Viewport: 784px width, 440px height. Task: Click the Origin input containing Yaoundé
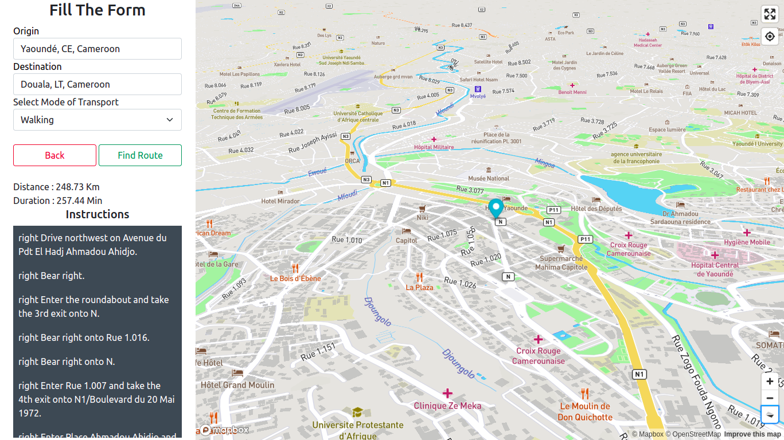point(97,49)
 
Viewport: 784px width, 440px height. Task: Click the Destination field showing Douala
point(97,84)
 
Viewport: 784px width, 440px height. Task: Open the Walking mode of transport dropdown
point(97,120)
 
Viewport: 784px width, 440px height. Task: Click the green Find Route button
point(140,155)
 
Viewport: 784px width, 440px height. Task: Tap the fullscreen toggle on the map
point(770,14)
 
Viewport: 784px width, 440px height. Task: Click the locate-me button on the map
point(770,36)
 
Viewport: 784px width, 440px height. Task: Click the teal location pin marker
point(496,207)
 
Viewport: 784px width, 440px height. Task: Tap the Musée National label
point(489,178)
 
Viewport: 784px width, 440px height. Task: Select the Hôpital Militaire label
point(434,147)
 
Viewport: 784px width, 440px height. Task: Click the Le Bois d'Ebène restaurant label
point(295,278)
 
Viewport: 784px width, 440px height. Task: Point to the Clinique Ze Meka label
point(447,406)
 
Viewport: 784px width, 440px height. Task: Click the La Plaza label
point(419,287)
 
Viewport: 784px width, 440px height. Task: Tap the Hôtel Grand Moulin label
point(237,385)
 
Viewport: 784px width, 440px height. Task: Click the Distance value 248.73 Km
point(77,187)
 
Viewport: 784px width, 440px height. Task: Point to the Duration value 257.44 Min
point(79,201)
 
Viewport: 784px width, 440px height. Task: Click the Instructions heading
point(97,214)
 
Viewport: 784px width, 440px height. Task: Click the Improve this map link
point(752,434)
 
